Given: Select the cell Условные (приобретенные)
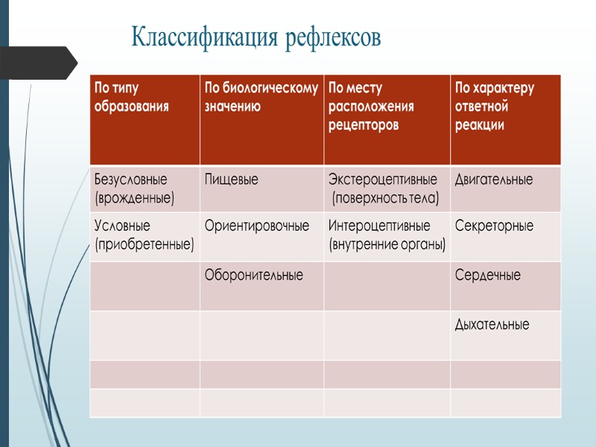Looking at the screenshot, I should (144, 235).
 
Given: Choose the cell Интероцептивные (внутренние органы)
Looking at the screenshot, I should (387, 235).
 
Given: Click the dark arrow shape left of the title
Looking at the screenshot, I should (37, 63).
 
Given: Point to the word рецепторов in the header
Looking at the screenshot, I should (364, 125).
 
